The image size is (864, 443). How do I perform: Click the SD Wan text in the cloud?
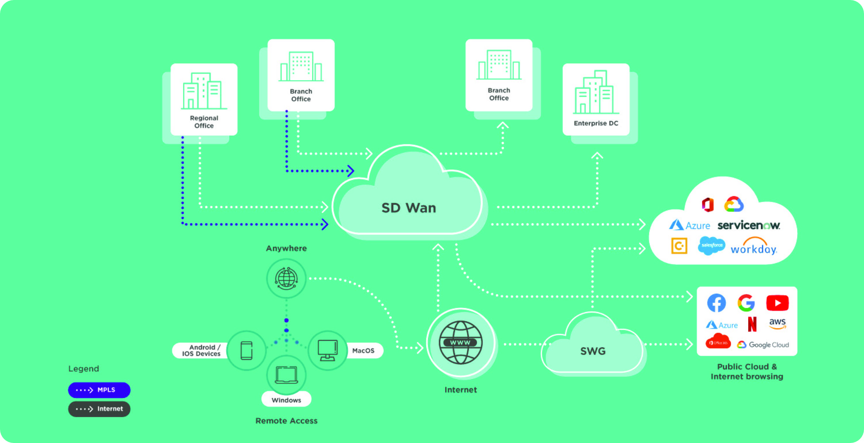tap(408, 208)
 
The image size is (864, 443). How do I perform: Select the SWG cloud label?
tap(593, 351)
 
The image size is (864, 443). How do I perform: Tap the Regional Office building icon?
tap(204, 91)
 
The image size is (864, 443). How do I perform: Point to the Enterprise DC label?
tap(596, 123)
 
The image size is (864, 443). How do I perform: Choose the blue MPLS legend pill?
tap(99, 390)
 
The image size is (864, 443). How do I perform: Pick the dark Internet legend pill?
tap(99, 409)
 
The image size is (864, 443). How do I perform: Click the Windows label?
tap(286, 400)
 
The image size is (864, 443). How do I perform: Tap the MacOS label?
tap(363, 351)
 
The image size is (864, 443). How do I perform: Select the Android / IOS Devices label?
tap(202, 351)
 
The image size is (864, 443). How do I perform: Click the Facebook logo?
tap(716, 303)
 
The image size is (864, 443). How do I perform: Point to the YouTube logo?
tap(777, 303)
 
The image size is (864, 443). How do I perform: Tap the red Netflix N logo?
tap(752, 324)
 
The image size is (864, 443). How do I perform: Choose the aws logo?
tap(777, 323)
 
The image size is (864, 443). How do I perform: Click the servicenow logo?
tap(749, 225)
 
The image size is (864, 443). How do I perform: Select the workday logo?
tap(754, 247)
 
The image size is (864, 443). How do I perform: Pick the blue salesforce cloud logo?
tap(711, 246)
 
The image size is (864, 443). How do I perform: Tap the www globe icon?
tap(460, 342)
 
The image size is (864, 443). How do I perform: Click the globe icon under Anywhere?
tap(286, 278)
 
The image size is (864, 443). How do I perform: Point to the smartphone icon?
tap(247, 351)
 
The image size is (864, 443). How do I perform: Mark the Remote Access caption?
tap(286, 421)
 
